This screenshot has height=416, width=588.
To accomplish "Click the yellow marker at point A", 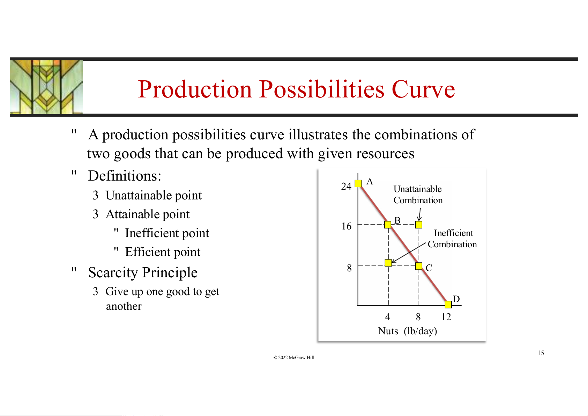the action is coord(358,183).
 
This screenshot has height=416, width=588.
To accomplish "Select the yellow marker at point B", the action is coord(387,225).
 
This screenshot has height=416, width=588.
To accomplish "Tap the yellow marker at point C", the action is coord(419,266).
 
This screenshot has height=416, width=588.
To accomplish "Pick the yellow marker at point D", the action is coord(448,304).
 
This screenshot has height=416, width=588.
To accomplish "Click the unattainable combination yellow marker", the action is coord(419,225).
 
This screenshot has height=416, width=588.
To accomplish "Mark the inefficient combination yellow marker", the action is coord(388,263).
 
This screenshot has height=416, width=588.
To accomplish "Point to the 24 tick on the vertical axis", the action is coord(346,186).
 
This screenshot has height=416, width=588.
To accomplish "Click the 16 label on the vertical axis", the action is coord(347,226).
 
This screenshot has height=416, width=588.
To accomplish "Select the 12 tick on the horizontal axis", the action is coord(446,317).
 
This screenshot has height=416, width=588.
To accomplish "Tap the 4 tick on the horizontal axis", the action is coord(387,317).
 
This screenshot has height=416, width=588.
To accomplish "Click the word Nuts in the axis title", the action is coord(388,331).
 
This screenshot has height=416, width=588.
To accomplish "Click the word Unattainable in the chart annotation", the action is coord(417,189).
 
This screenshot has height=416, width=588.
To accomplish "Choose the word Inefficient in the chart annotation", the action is coord(453,233).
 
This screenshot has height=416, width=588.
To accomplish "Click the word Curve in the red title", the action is coord(423,89).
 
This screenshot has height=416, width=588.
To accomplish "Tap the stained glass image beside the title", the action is coord(46,87).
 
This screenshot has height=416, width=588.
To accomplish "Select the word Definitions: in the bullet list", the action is coord(125,176).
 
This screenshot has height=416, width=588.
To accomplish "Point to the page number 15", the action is coord(541,353).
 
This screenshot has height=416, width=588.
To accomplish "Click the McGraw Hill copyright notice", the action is coord(294,357).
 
